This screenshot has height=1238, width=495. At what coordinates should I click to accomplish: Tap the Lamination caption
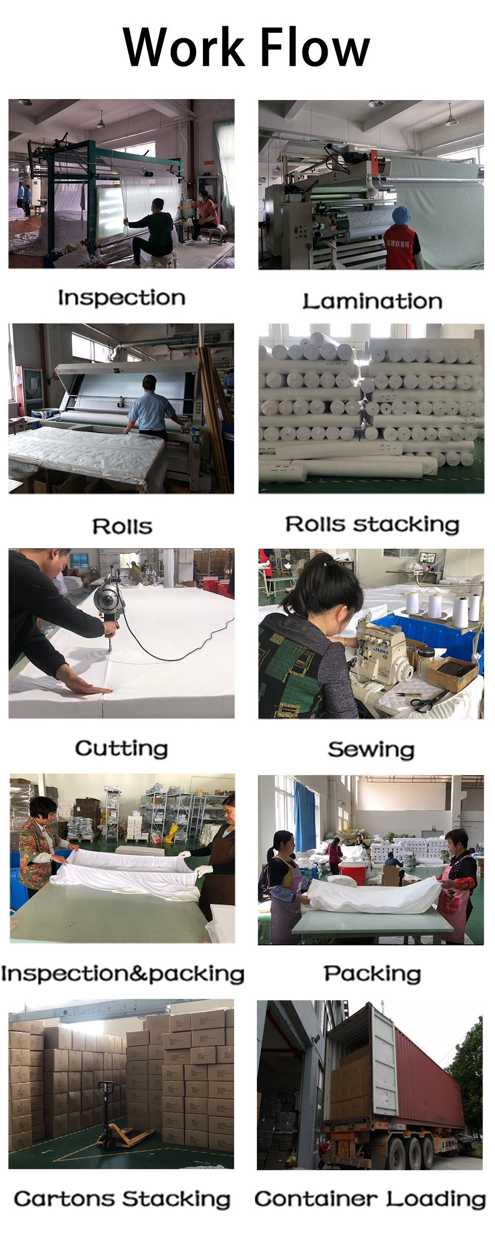(x=372, y=302)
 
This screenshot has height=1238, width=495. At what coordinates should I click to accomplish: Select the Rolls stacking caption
(x=372, y=525)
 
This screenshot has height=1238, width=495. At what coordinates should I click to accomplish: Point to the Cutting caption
(x=121, y=749)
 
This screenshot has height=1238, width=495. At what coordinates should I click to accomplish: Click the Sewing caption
(x=371, y=750)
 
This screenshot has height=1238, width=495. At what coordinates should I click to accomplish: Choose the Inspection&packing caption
(x=122, y=974)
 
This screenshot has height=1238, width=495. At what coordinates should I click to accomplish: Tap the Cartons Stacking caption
(x=122, y=1199)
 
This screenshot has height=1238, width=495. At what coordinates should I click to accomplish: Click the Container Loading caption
(x=370, y=1199)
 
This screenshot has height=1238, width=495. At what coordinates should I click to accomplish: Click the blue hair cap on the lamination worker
(x=400, y=215)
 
